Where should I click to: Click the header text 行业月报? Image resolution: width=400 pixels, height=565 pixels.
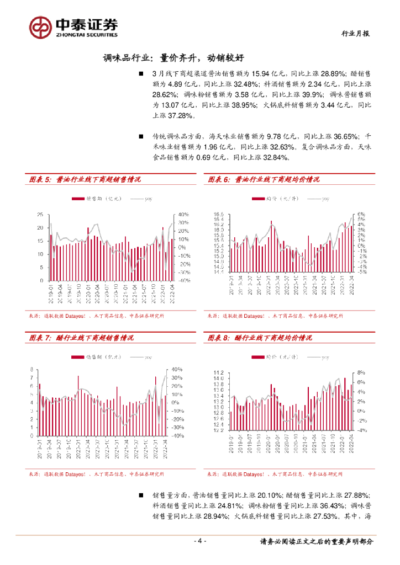pyautogui.click(x=353, y=34)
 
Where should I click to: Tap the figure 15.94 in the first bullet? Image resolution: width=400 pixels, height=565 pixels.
pyautogui.click(x=261, y=73)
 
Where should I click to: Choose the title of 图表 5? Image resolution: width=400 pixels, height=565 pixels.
pyautogui.click(x=85, y=179)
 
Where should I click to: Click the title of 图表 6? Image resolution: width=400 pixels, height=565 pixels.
pyautogui.click(x=264, y=179)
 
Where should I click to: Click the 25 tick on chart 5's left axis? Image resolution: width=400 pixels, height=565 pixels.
pyautogui.click(x=40, y=215)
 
